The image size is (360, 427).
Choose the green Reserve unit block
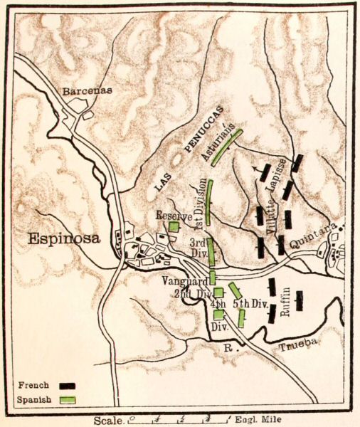click(x=173, y=226)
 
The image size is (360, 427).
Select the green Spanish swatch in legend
click(x=68, y=400)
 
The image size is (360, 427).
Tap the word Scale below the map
click(x=107, y=421)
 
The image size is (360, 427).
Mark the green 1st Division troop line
click(x=210, y=202)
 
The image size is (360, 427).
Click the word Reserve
click(x=174, y=213)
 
